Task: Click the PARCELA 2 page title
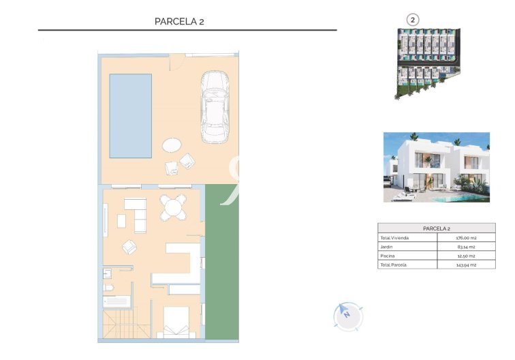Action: click(x=180, y=21)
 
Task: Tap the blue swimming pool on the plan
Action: click(x=131, y=116)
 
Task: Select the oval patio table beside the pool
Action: click(x=172, y=145)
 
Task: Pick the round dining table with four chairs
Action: click(x=174, y=207)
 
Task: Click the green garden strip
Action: click(x=221, y=262)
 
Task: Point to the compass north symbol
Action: click(x=347, y=316)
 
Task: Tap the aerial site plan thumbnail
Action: click(x=428, y=63)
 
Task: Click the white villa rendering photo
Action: click(x=436, y=167)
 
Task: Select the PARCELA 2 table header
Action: click(x=436, y=228)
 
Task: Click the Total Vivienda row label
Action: click(x=394, y=238)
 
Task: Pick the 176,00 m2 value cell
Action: click(x=465, y=238)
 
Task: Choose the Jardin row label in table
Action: click(x=387, y=247)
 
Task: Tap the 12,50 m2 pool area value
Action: click(x=465, y=256)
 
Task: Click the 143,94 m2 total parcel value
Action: click(x=465, y=265)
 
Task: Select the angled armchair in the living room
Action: click(x=128, y=246)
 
